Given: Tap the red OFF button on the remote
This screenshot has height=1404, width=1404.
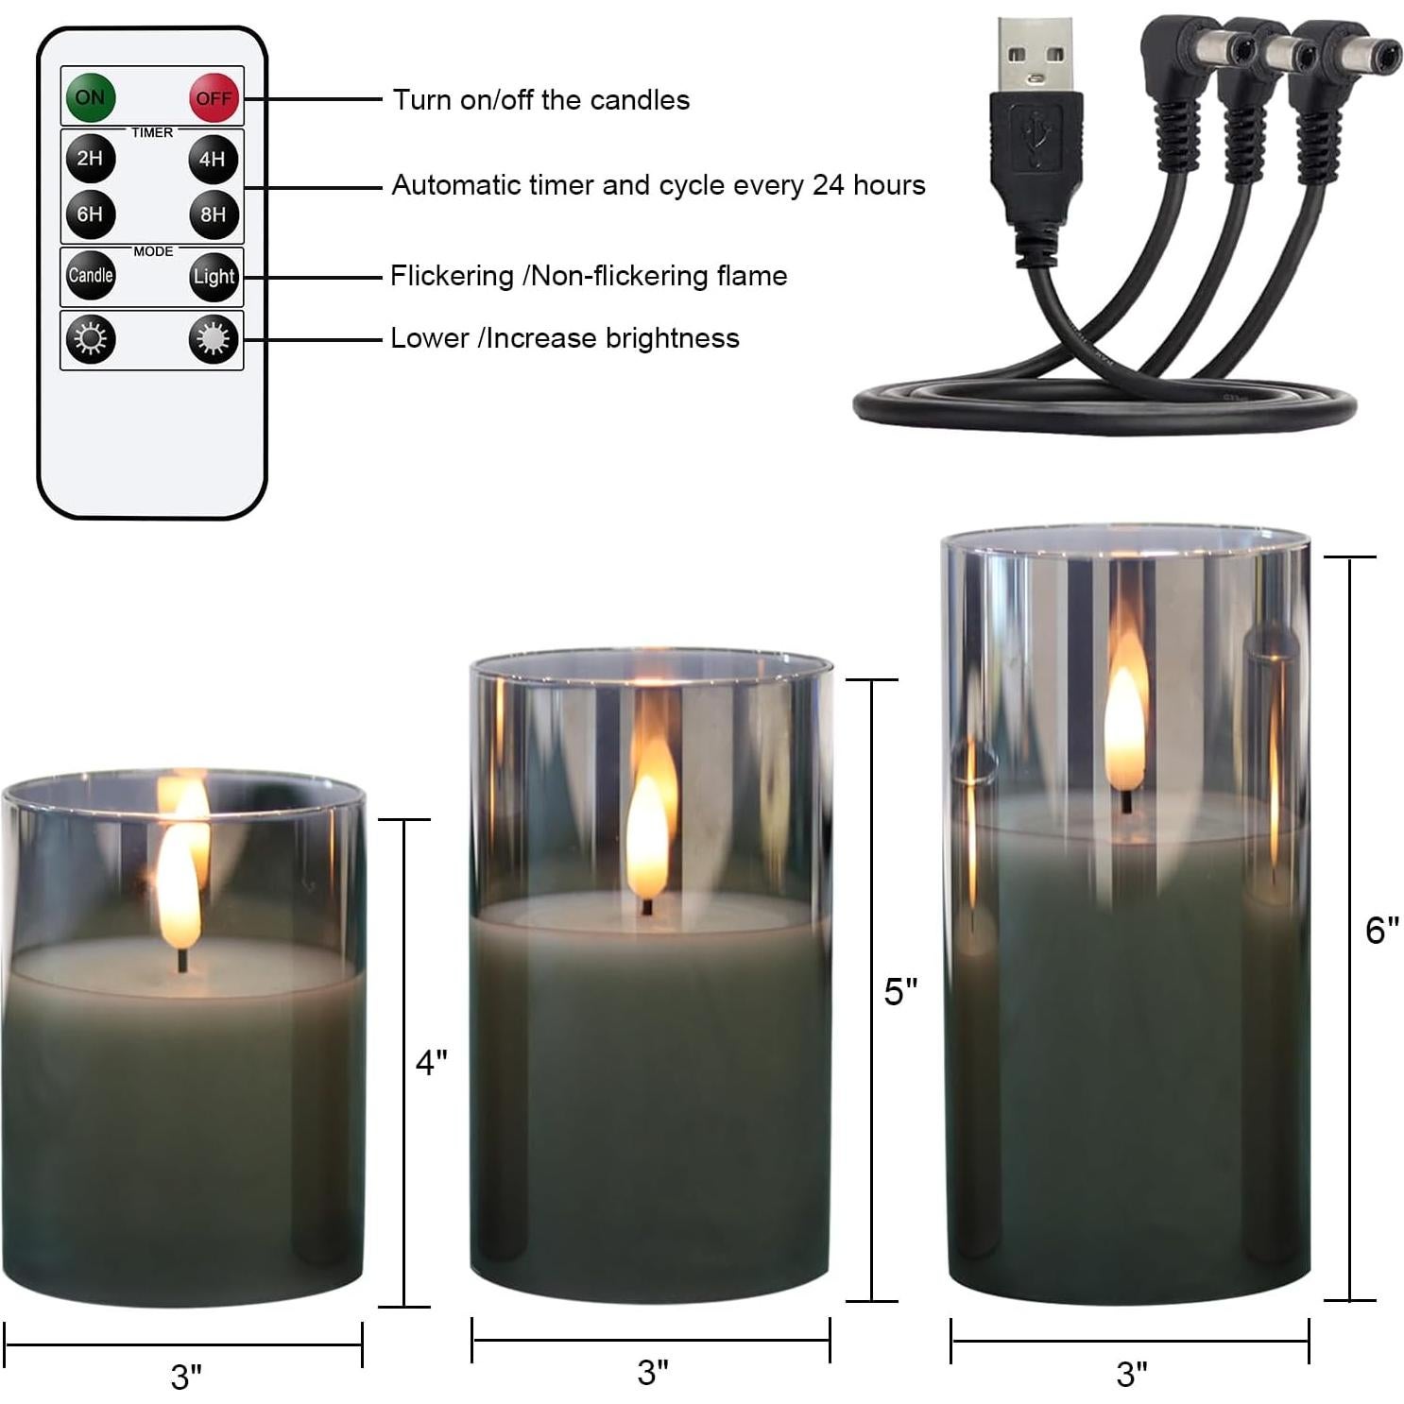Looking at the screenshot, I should click(214, 97).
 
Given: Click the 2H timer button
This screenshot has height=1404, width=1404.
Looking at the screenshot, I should click(90, 158).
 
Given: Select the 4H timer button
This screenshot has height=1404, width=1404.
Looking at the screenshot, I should click(213, 159).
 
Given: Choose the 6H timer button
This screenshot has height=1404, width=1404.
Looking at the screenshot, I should click(90, 214).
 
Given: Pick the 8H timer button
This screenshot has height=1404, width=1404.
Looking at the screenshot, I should click(213, 214).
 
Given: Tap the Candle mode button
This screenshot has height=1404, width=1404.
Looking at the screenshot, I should click(91, 275).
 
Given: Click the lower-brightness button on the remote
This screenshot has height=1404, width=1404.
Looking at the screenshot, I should click(91, 338).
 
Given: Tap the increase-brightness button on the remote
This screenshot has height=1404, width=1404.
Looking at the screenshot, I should click(213, 339).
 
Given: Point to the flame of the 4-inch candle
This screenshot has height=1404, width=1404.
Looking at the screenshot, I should click(178, 888).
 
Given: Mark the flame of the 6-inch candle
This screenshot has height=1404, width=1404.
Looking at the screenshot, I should click(1124, 728).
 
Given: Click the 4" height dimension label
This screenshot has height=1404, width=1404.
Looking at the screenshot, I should click(431, 1063).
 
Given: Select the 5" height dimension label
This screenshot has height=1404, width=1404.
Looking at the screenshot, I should click(900, 991).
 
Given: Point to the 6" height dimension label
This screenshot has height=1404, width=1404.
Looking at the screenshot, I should click(1381, 930).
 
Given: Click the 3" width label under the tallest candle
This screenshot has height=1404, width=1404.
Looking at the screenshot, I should click(1131, 1373).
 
